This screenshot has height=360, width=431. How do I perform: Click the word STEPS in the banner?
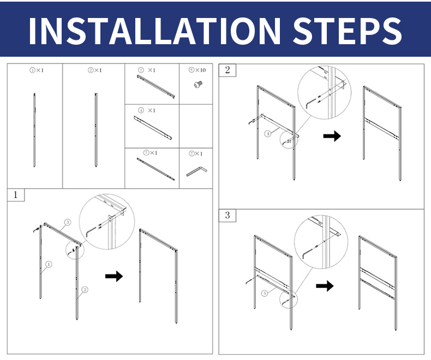pyautogui.click(x=347, y=30)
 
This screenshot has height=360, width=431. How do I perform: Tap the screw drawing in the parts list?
pyautogui.click(x=198, y=85)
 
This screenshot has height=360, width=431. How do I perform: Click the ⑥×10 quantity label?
pyautogui.click(x=197, y=70)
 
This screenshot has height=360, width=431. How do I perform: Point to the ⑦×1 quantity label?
pyautogui.click(x=195, y=154)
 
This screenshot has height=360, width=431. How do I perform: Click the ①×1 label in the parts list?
pyautogui.click(x=37, y=70)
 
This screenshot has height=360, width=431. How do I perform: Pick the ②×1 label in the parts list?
pyautogui.click(x=94, y=70)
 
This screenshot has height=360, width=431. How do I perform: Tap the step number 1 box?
pyautogui.click(x=16, y=195)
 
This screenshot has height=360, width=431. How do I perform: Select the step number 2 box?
pyautogui.click(x=228, y=70)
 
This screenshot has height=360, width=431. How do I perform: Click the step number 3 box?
pyautogui.click(x=228, y=215)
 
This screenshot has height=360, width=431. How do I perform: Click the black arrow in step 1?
pyautogui.click(x=114, y=276)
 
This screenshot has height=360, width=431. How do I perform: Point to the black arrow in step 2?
pyautogui.click(x=332, y=136)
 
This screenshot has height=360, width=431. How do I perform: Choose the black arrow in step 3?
pyautogui.click(x=325, y=286)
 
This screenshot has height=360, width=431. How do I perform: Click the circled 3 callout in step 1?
pyautogui.click(x=68, y=222)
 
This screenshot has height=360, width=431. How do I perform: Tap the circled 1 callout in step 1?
pyautogui.click(x=49, y=265)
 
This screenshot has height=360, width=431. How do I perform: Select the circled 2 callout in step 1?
pyautogui.click(x=85, y=290)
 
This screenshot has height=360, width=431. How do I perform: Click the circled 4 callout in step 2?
pyautogui.click(x=268, y=134)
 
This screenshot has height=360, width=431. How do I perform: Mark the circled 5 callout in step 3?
pyautogui.click(x=265, y=293)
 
